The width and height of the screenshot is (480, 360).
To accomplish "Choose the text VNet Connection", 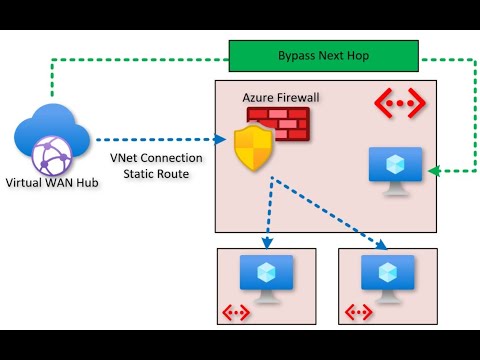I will coord(156,157).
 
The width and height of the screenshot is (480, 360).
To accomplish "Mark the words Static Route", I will coord(156,174).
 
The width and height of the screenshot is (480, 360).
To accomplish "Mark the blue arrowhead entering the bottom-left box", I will coord(266,243).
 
